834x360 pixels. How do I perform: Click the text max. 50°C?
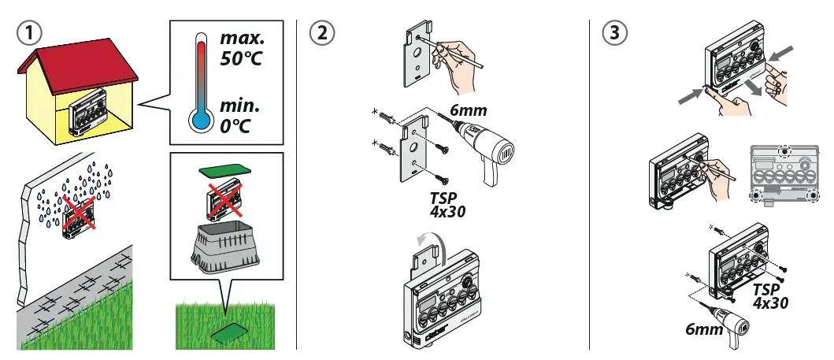[x=243, y=46]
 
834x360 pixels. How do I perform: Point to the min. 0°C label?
[x=239, y=115]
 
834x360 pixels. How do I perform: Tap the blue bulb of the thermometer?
[x=200, y=119]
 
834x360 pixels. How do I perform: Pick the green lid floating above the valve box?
[x=224, y=169]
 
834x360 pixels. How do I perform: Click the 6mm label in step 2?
[x=468, y=111]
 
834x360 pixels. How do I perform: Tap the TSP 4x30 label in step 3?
[x=769, y=295]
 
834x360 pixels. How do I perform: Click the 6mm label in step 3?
[x=703, y=330]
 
